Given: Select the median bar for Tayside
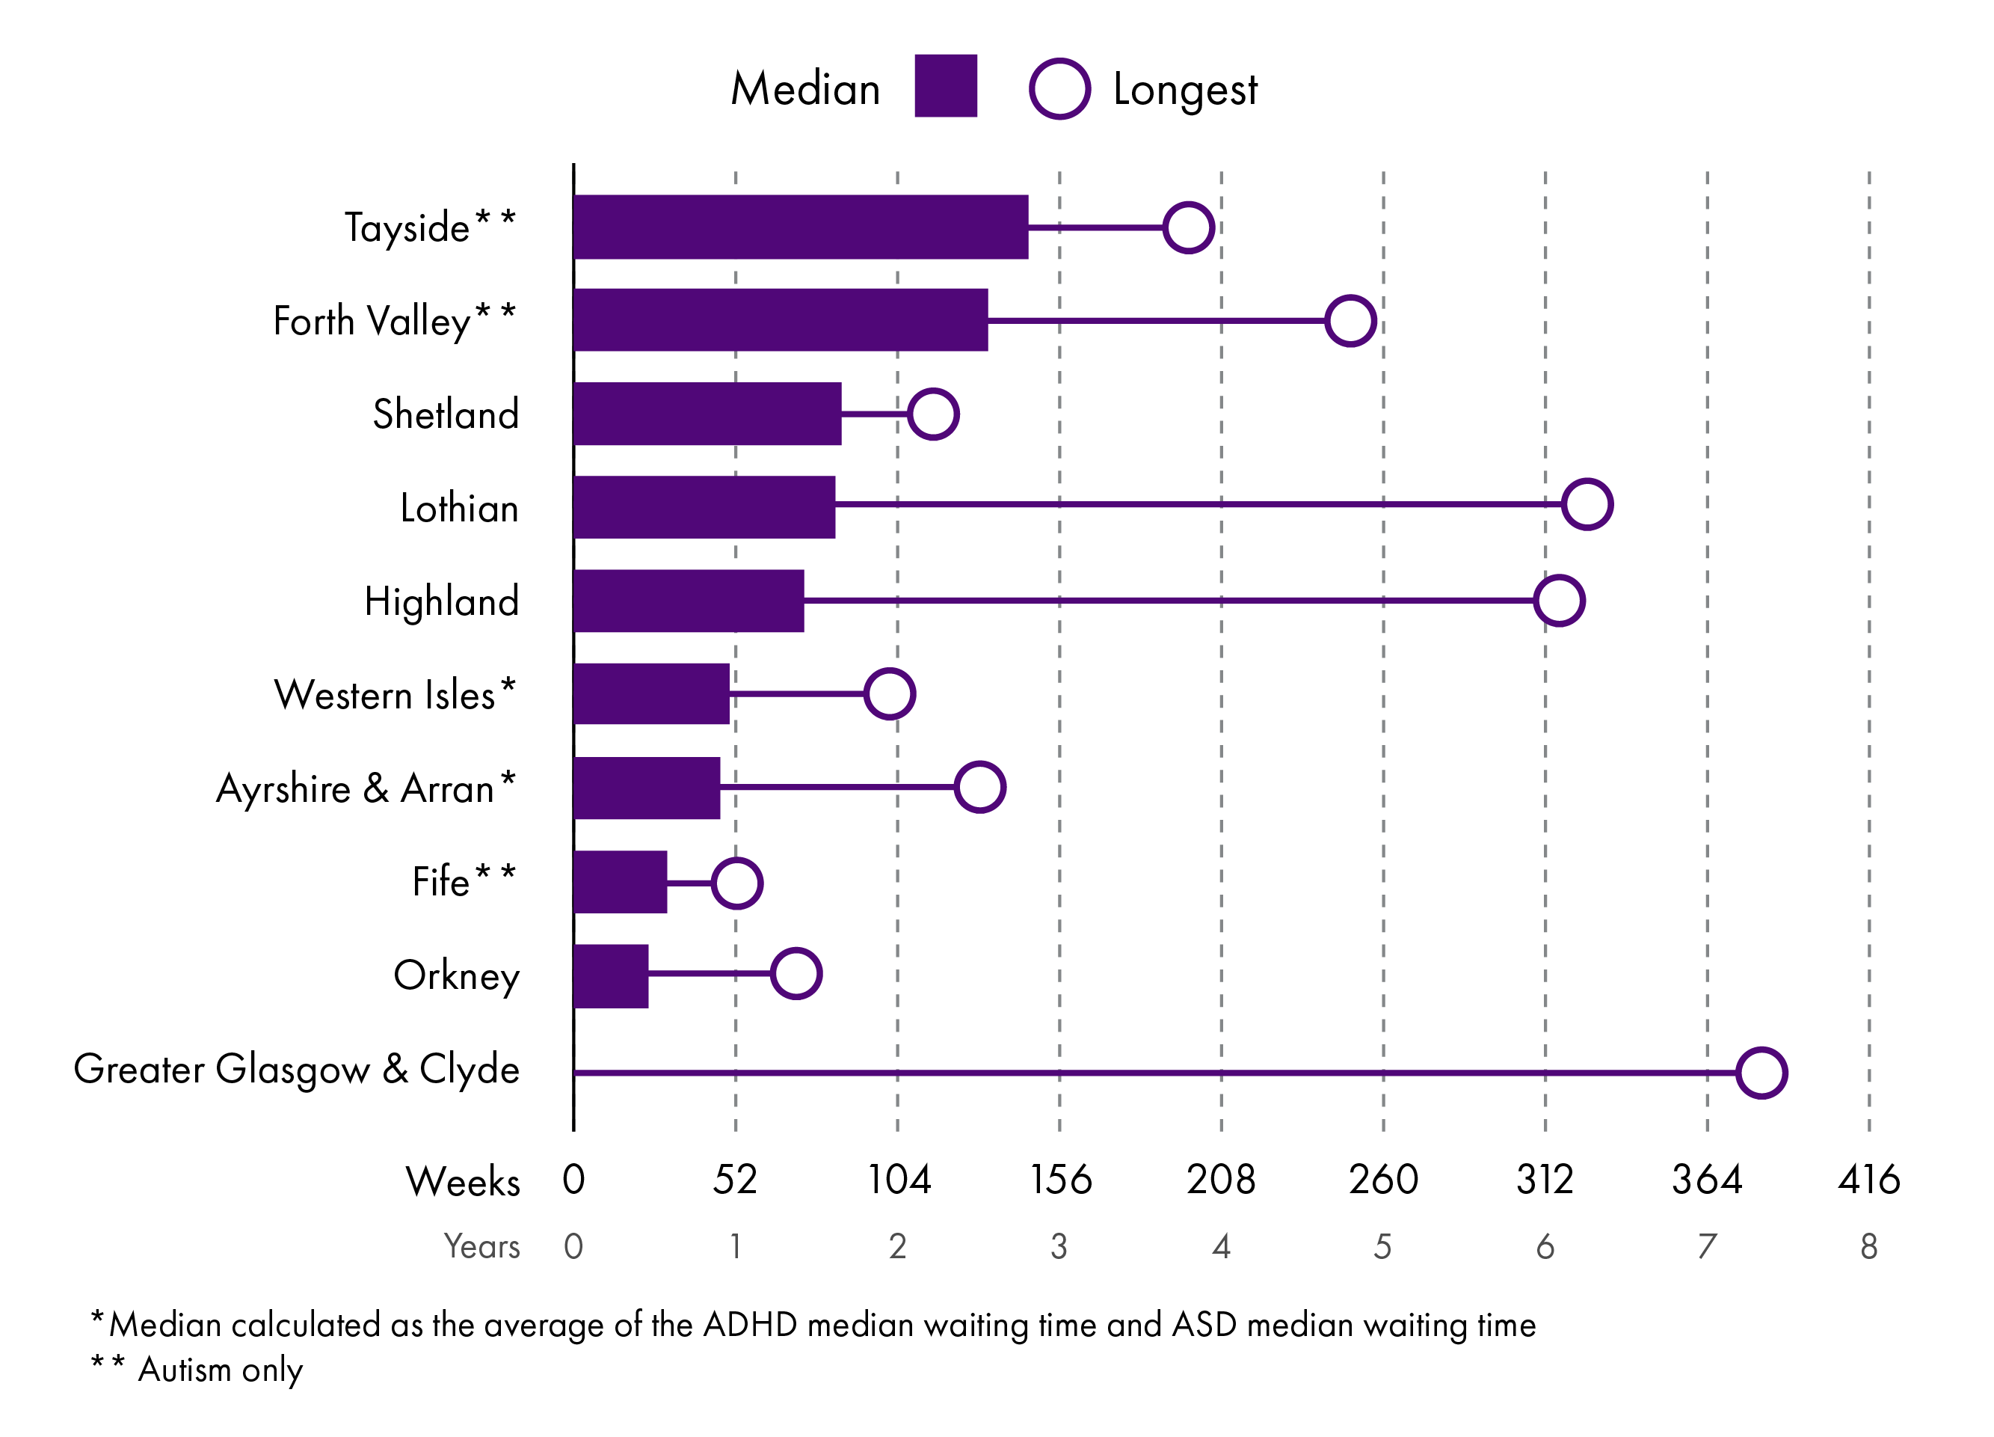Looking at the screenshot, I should [x=800, y=227].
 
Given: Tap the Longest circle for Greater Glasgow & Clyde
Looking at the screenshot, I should [x=1761, y=1072].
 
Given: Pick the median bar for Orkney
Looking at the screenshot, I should [x=611, y=975].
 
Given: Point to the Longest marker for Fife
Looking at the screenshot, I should [x=736, y=882].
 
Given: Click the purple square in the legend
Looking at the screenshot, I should [x=945, y=85].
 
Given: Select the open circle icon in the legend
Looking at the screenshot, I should [x=1059, y=88].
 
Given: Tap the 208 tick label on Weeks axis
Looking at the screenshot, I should [x=1220, y=1180].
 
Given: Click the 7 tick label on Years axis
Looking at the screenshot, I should [x=1706, y=1245].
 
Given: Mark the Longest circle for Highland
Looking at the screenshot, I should [x=1559, y=601].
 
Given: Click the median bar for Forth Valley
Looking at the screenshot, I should [x=781, y=320].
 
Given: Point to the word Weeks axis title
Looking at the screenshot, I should [x=463, y=1181].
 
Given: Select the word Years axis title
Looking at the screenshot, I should [x=481, y=1246].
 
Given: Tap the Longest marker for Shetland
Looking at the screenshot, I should [x=933, y=414].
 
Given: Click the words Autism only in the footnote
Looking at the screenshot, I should [x=220, y=1369].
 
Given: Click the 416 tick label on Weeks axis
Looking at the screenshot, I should [x=1868, y=1180].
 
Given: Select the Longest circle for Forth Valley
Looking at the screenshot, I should [x=1350, y=320].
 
